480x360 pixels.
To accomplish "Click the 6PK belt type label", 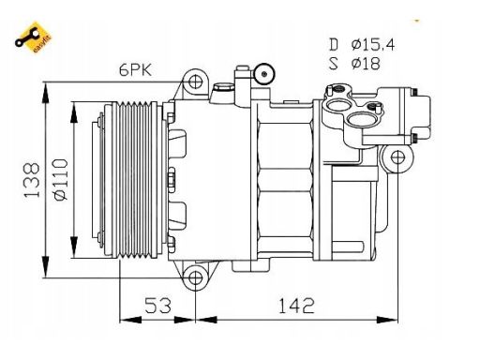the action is click(135, 69).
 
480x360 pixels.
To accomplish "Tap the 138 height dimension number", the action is click(32, 180).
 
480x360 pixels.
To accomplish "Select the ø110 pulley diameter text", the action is click(60, 180).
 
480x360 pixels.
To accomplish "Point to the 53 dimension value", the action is click(157, 306).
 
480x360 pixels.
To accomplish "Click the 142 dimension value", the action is click(296, 306).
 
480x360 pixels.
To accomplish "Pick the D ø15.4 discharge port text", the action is click(362, 44).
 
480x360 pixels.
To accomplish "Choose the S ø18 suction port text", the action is click(354, 63).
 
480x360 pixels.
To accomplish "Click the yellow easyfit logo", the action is click(34, 37).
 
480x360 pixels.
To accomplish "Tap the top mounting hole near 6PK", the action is click(196, 82).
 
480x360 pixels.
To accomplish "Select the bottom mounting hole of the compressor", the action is click(196, 277).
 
